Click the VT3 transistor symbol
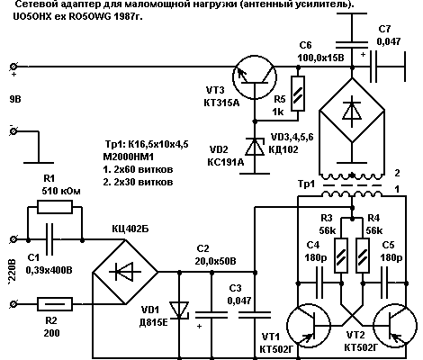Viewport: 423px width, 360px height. coord(255,77)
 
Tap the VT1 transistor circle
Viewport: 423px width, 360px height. coord(309,325)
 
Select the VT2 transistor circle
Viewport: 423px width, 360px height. coord(395,325)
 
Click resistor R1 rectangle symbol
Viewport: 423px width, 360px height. coord(55,207)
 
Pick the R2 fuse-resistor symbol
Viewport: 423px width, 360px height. coord(55,304)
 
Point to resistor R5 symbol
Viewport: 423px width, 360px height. coord(298,94)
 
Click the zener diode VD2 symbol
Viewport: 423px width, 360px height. coord(255,147)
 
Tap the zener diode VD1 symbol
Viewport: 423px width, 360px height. coord(179,310)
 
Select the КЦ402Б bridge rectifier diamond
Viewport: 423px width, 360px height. coord(125,272)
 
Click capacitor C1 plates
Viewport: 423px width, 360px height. coord(49,239)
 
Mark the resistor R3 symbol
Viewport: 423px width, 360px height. coord(341,256)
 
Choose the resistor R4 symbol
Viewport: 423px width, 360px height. coord(363,256)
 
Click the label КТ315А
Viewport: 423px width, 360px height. coord(221,103)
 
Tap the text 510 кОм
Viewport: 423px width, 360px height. coord(61,191)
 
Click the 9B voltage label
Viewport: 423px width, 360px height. coord(15,99)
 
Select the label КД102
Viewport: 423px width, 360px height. coord(283,149)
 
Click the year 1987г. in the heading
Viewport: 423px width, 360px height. coord(128,16)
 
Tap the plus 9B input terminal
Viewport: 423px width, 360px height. coord(13,67)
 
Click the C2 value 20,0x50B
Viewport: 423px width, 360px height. coord(215,261)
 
